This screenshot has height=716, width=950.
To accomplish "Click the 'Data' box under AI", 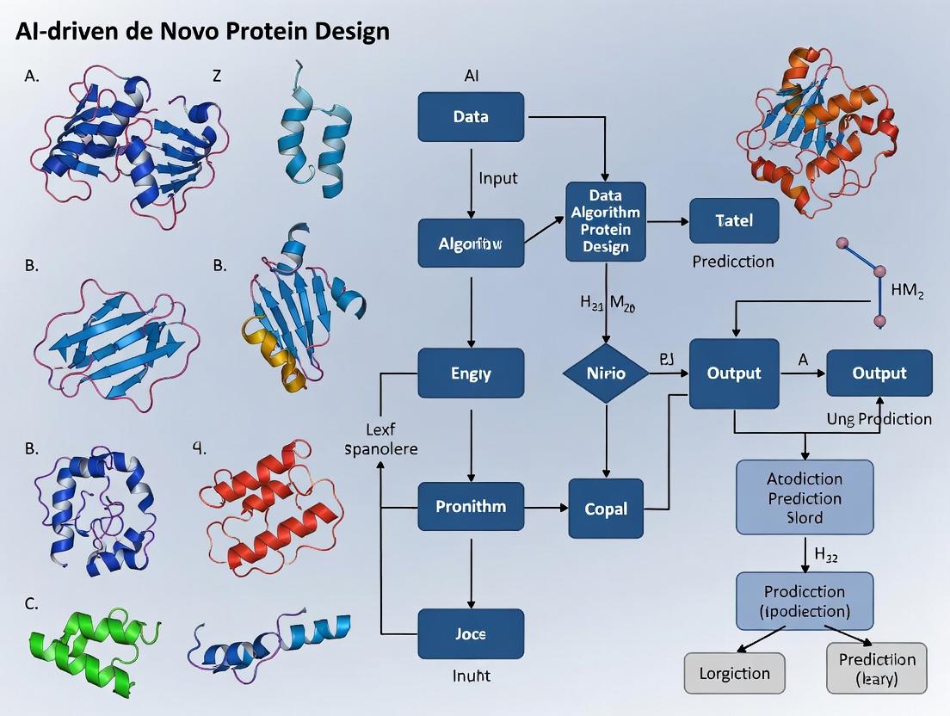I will coord(471,116).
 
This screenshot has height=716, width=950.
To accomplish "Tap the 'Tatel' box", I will coord(734,220).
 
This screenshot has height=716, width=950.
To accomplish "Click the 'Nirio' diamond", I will coord(607,373).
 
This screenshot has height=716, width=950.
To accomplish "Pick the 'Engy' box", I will coord(471,373).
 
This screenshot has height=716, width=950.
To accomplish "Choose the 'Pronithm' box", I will coord(471,506).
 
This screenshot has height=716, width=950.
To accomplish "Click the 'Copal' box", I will coord(606,509).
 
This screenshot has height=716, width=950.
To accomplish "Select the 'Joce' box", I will coord(471,634).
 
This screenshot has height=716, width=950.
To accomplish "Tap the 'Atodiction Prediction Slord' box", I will coord(805,497).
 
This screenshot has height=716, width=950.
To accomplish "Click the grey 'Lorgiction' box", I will coord(734,673).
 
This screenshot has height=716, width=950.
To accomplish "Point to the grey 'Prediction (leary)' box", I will coord(877,668).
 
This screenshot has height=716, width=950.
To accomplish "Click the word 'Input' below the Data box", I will coord(498,179).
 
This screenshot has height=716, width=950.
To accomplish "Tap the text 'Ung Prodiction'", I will coord(879,419).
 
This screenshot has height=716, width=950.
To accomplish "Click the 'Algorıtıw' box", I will coord(471,243).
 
